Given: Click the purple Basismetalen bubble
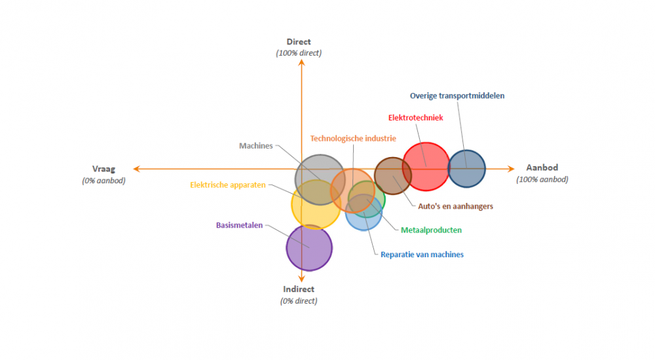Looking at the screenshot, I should [310, 247].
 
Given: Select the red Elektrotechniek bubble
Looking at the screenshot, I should [426, 166].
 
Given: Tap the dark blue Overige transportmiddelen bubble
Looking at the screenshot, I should [466, 169].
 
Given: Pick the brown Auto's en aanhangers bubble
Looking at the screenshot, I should [393, 175].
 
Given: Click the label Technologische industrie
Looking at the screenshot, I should [353, 138].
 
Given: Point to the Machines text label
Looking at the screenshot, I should [255, 146].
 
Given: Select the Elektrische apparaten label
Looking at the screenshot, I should [228, 185].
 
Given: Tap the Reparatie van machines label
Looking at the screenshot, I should [422, 254].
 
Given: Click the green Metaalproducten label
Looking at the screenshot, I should [431, 230].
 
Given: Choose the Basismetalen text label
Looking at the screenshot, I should [239, 225].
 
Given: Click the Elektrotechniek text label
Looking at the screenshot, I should [416, 118].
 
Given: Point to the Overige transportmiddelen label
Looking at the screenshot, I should [457, 96].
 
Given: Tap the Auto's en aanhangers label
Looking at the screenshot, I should [455, 206].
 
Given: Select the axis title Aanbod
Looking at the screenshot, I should [542, 168].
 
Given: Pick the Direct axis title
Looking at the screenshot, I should [299, 42].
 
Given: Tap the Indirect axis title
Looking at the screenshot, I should [299, 289].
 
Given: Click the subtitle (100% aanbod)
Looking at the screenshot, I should [542, 179].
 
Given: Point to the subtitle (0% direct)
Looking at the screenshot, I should [299, 301].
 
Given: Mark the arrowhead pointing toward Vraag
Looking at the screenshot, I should [136, 169].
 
